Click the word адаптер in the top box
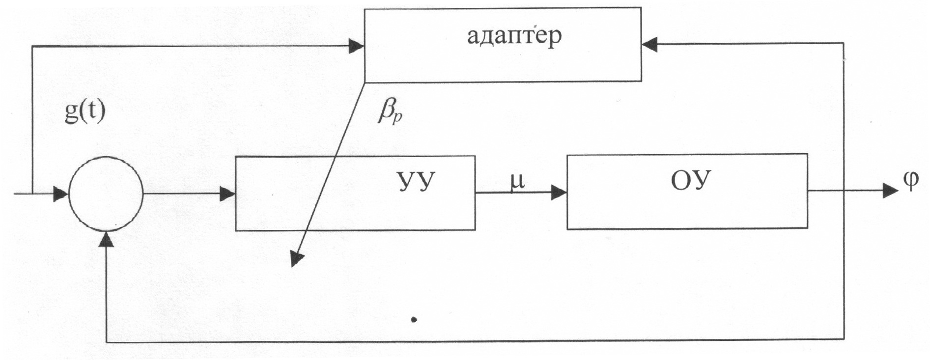pos(514,36)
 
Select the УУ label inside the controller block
pos(416,182)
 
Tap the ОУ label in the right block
pos(691,181)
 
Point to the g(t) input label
pos(85,112)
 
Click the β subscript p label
pos(391,113)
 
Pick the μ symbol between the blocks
pos(517,181)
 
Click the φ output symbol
pos(910,182)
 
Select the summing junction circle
pos(106,194)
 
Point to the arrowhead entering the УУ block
pos(227,194)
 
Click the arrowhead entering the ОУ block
pos(559,193)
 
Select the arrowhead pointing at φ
pos(890,190)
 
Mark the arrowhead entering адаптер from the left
pos(356,47)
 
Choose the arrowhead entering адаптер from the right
pos(649,44)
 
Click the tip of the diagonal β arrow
pos(295,260)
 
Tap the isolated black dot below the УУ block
pos(414,320)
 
